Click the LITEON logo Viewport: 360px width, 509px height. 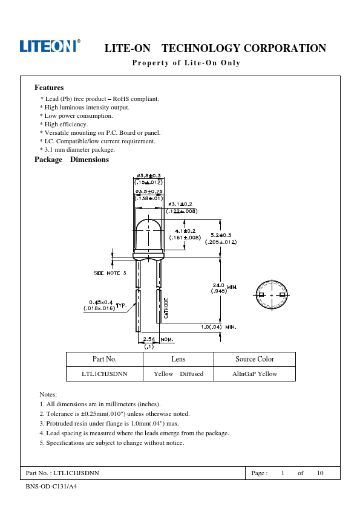click(50, 46)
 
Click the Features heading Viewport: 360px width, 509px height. click(49, 88)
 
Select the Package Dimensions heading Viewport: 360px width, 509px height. click(71, 160)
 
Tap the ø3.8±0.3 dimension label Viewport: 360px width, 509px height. click(148, 176)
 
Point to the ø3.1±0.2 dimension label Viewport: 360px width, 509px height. click(180, 204)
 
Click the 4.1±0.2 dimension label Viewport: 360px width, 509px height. click(185, 231)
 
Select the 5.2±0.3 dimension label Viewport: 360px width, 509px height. click(221, 235)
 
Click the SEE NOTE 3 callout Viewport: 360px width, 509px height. click(110, 273)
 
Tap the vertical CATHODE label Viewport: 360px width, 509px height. click(166, 308)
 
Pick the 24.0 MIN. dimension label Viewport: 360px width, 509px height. click(225, 287)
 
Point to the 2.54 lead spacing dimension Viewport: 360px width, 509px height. click(149, 339)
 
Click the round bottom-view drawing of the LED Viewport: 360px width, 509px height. click(272, 295)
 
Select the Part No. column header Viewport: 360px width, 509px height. click(105, 359)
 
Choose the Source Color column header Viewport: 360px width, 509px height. click(255, 359)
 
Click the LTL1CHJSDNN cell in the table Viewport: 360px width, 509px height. click(105, 374)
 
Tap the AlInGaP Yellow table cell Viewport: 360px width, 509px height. click(255, 374)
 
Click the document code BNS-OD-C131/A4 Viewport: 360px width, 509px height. click(51, 486)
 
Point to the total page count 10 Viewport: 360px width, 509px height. click(320, 473)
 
